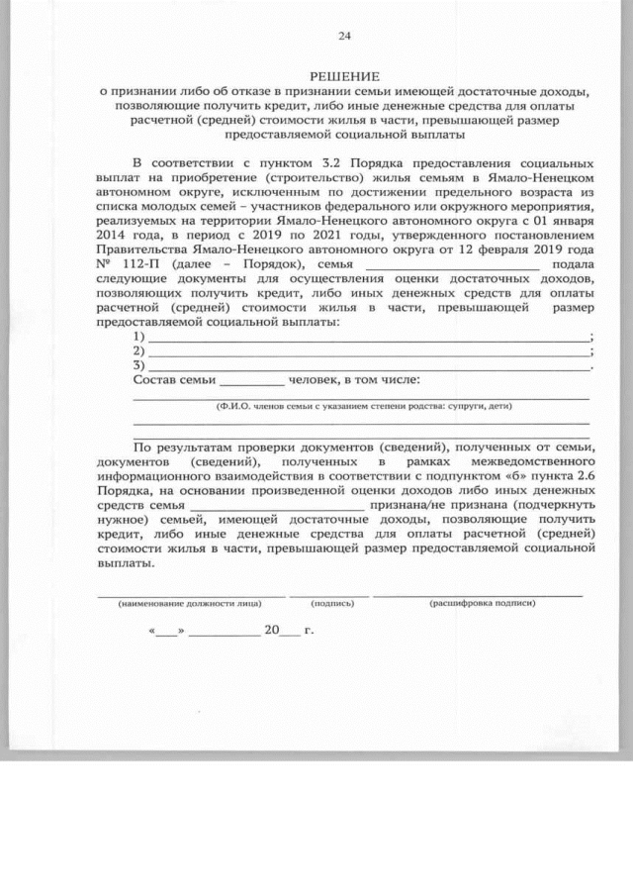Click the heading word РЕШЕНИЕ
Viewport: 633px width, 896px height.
pyautogui.click(x=344, y=76)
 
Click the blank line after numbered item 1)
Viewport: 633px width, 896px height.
pyautogui.click(x=367, y=340)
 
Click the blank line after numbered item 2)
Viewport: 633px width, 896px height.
pyautogui.click(x=367, y=353)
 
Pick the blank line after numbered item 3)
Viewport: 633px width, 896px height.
pyautogui.click(x=367, y=367)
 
